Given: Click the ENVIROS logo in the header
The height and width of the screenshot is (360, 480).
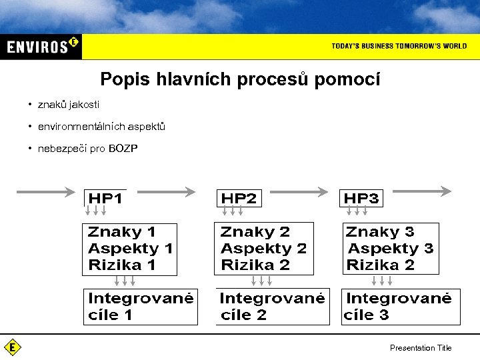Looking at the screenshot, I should click(x=41, y=46).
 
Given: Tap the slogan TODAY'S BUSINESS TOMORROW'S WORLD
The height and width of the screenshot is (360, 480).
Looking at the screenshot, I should click(x=399, y=46).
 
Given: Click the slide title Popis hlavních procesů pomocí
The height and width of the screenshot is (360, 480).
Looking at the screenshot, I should click(x=240, y=79).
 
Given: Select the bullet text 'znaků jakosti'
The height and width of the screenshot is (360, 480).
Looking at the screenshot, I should click(x=69, y=105).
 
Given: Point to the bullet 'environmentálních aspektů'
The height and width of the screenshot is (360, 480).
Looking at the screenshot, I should click(x=101, y=127).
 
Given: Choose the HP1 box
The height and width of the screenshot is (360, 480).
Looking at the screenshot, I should click(x=106, y=198).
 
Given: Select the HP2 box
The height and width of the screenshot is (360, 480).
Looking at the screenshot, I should click(x=239, y=198).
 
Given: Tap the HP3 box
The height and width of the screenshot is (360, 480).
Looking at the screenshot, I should click(x=361, y=198).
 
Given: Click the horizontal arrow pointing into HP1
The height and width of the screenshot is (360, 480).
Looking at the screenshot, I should click(x=45, y=192).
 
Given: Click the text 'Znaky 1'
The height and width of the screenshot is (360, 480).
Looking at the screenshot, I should click(x=122, y=232).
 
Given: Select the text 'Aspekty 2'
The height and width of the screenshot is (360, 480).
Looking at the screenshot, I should click(x=263, y=249).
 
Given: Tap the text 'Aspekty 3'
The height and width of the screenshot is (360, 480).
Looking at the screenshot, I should click(x=391, y=249).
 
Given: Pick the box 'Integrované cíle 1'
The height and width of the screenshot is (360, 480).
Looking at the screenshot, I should click(x=140, y=306).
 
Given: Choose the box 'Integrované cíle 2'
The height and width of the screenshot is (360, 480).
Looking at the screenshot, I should click(x=272, y=306).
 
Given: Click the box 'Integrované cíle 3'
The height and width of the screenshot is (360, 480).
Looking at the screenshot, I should click(x=400, y=306).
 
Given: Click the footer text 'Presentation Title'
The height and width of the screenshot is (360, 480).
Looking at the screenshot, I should click(x=421, y=347).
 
